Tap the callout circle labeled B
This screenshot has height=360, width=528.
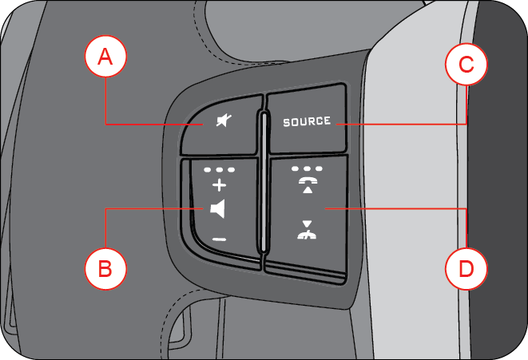pyautogui.click(x=105, y=268)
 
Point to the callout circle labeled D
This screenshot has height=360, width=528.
pyautogui.click(x=466, y=269)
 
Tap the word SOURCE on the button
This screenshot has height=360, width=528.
pyautogui.click(x=307, y=122)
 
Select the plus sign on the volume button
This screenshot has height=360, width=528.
pyautogui.click(x=218, y=186)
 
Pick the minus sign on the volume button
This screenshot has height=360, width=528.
pyautogui.click(x=219, y=239)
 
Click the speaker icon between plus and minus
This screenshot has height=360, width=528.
pyautogui.click(x=218, y=210)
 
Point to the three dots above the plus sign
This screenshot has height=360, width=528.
pyautogui.click(x=218, y=170)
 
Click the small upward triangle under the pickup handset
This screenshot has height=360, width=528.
pyautogui.click(x=307, y=192)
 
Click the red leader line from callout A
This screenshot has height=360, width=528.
pyautogui.click(x=152, y=124)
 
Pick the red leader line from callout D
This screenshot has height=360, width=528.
pyautogui.click(x=399, y=209)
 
